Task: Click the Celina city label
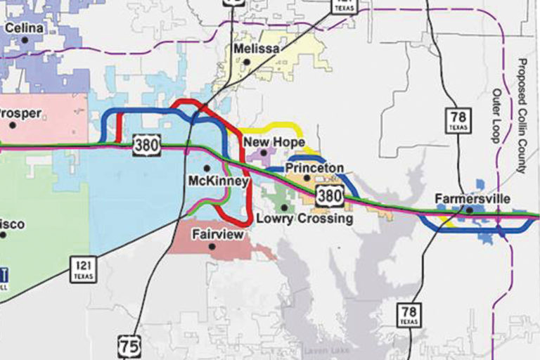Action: (x=24, y=28)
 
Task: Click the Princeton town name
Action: (x=314, y=168)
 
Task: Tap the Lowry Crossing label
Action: (x=304, y=219)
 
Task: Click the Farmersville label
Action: (x=472, y=198)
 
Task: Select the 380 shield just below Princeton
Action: (x=329, y=195)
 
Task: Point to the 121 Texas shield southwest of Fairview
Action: (x=82, y=269)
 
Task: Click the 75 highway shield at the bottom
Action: (x=130, y=347)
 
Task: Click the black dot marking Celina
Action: (x=25, y=40)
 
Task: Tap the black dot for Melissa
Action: (x=247, y=62)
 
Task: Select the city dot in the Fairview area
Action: (x=211, y=247)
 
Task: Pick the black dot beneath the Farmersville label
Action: (x=470, y=210)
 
